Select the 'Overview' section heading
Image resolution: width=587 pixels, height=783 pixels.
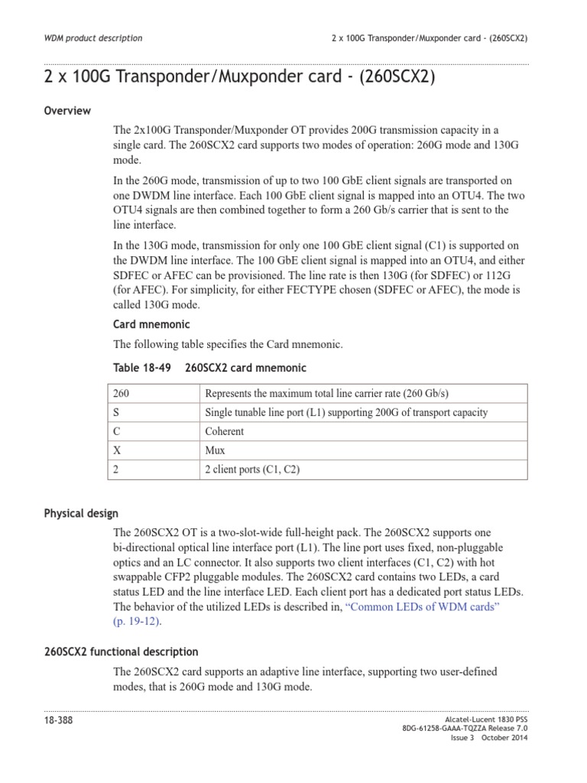[x=67, y=111]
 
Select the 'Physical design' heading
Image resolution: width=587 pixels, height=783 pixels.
[x=81, y=513]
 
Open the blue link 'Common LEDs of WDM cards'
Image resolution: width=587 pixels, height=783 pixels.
[x=423, y=606]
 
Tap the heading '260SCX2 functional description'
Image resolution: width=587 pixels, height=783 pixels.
[x=121, y=651]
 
